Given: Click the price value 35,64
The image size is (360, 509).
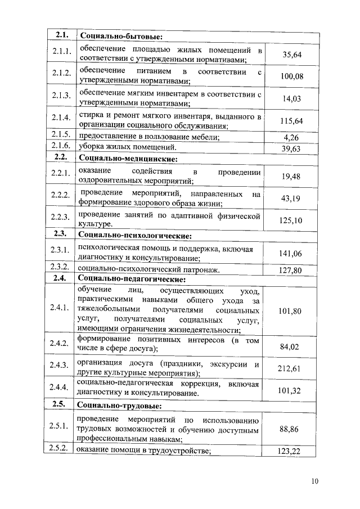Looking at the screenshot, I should [292, 55].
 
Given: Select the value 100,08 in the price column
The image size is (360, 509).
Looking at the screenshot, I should [292, 76].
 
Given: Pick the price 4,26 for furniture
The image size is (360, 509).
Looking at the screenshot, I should [292, 137].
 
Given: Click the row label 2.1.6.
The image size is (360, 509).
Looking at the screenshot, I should [60, 147].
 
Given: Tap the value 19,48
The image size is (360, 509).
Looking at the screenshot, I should [292, 176].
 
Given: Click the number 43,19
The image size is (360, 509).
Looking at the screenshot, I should [292, 198].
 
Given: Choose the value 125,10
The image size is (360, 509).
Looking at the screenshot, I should [292, 220].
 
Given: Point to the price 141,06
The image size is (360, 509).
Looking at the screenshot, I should [292, 254].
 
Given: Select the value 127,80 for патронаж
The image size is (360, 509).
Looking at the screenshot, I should [292, 270].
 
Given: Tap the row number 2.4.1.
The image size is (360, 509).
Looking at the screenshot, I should [60, 308].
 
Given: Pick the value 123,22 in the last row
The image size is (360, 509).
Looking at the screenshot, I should [292, 451].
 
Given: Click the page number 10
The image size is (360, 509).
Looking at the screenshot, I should [314, 481].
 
